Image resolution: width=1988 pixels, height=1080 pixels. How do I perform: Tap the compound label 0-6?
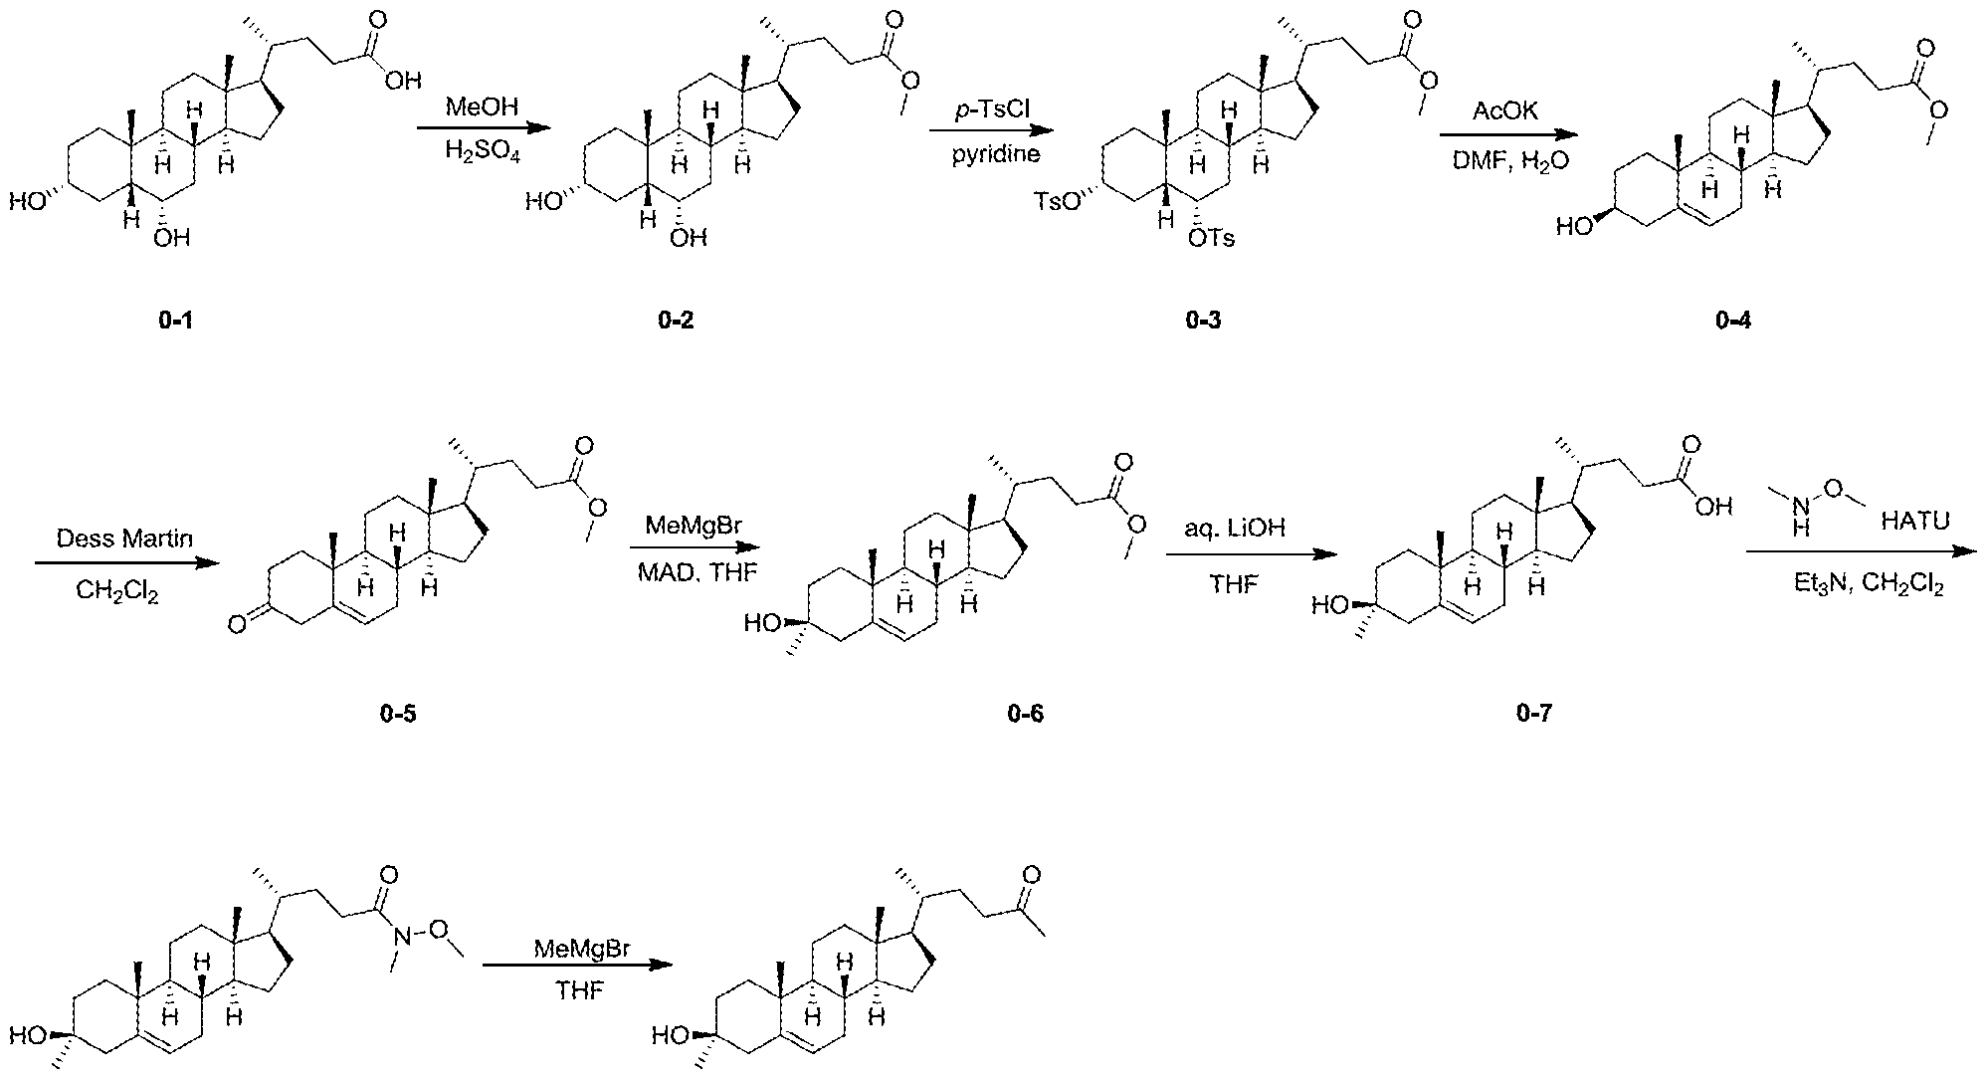point(1025,714)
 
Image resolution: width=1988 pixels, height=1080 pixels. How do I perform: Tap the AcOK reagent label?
point(1506,111)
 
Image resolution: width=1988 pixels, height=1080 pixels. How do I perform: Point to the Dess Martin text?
point(124,539)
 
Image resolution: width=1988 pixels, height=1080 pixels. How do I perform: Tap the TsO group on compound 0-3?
point(1055,202)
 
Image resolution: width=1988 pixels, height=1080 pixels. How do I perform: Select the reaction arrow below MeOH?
point(483,128)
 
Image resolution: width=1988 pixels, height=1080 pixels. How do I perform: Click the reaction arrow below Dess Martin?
point(126,562)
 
